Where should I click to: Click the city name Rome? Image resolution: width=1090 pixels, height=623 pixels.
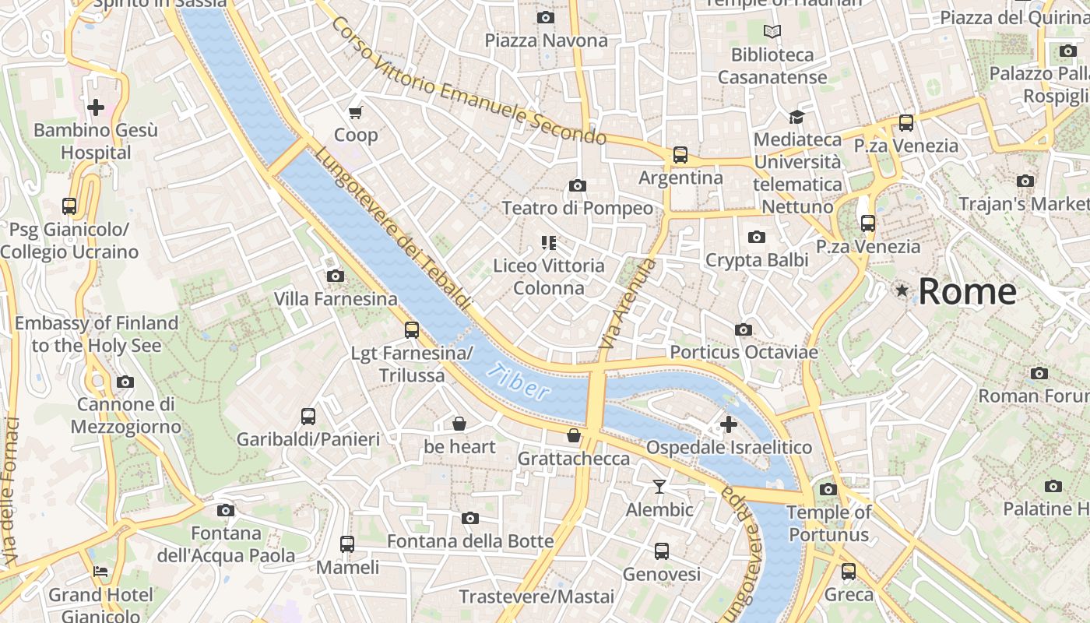click(967, 291)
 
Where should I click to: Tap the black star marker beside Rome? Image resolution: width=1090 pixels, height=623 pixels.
click(902, 290)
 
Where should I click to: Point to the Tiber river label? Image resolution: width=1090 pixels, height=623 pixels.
click(519, 382)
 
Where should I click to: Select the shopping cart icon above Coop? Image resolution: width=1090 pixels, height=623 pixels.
click(356, 112)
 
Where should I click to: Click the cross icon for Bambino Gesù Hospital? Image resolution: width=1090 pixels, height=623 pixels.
click(96, 107)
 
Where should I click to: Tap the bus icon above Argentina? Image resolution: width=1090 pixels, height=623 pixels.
click(680, 155)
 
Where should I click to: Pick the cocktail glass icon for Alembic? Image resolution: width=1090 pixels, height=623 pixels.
click(659, 487)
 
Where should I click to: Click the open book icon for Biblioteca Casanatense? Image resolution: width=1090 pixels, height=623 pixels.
click(772, 32)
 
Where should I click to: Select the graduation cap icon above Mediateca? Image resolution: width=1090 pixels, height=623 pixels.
click(796, 118)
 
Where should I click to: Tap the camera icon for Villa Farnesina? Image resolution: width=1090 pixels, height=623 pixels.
click(336, 276)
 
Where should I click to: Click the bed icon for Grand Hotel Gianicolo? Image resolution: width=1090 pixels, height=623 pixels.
click(100, 572)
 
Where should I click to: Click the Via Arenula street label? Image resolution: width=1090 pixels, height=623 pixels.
click(628, 304)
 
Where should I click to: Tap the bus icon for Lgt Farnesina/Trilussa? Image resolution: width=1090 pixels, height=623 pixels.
click(412, 330)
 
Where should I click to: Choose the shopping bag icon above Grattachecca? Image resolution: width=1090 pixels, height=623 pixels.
click(574, 435)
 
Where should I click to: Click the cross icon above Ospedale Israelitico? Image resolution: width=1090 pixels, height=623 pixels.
click(729, 424)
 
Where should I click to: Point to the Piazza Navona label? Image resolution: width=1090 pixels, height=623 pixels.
click(546, 40)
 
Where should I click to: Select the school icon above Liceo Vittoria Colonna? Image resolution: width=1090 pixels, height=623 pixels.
click(549, 243)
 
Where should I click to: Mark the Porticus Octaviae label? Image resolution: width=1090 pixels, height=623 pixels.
click(744, 352)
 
